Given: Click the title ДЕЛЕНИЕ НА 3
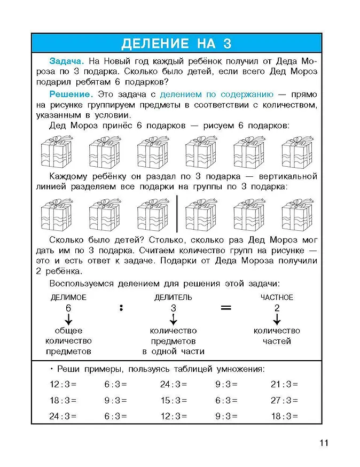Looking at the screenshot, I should [x=176, y=43].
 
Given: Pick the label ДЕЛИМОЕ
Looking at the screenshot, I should [x=68, y=298].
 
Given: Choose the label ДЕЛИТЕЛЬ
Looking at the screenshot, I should [x=173, y=298].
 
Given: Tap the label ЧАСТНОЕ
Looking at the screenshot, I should [x=277, y=298].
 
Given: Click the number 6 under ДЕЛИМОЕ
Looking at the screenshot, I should [x=68, y=308].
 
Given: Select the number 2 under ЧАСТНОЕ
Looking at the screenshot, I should [x=277, y=308].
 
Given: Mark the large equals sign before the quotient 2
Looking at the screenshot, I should [x=226, y=308].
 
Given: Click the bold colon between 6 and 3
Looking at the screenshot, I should [x=121, y=308].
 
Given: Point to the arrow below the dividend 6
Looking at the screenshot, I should [x=68, y=320].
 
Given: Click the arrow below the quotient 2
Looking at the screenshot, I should [x=277, y=320].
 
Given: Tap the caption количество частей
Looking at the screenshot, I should [x=277, y=336].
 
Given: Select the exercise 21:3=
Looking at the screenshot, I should [x=284, y=384].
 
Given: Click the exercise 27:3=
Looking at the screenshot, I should [x=284, y=400].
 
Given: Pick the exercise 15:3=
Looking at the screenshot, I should [x=174, y=400].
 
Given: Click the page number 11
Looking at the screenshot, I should [x=324, y=443].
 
